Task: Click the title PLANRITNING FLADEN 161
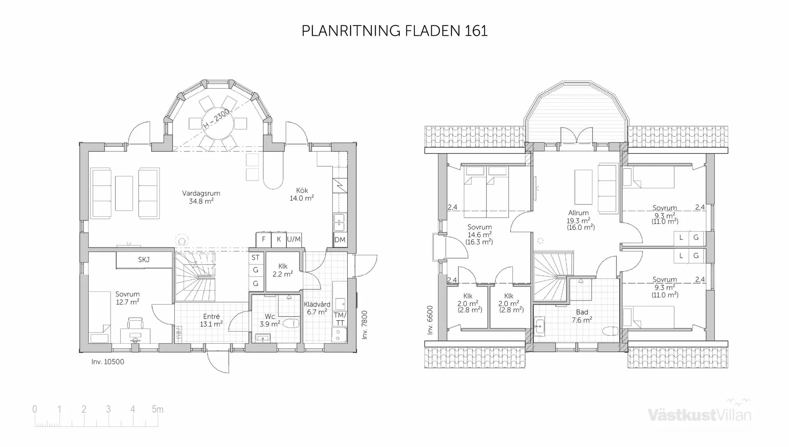pyautogui.click(x=394, y=31)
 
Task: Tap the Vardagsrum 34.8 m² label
pyautogui.click(x=201, y=197)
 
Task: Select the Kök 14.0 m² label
pyautogui.click(x=302, y=194)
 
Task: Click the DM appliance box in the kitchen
pyautogui.click(x=340, y=240)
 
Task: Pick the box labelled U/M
pyautogui.click(x=294, y=239)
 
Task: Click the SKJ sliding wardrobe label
pyautogui.click(x=144, y=260)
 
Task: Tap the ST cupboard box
pyautogui.click(x=256, y=258)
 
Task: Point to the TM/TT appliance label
pyautogui.click(x=340, y=319)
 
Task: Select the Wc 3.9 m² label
pyautogui.click(x=270, y=320)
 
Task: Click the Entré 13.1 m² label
pyautogui.click(x=211, y=320)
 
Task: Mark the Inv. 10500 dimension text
pyautogui.click(x=108, y=362)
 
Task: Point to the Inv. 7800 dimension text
pyautogui.click(x=365, y=325)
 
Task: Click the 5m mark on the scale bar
pyautogui.click(x=157, y=410)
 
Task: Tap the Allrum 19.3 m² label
pyautogui.click(x=579, y=220)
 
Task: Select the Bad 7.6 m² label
pyautogui.click(x=582, y=316)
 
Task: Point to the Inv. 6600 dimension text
pyautogui.click(x=430, y=320)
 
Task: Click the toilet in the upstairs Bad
pyautogui.click(x=610, y=331)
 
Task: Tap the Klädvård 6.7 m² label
pyautogui.click(x=317, y=308)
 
